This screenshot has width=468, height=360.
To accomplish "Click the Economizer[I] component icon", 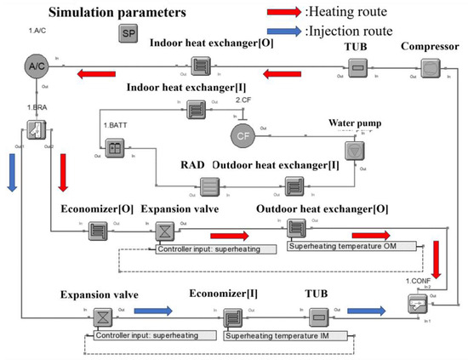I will (232, 319).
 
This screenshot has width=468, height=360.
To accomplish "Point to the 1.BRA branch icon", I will (34, 129).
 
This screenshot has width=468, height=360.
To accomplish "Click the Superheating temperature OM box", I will (352, 246).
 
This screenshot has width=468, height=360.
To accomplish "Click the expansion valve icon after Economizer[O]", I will (162, 230).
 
